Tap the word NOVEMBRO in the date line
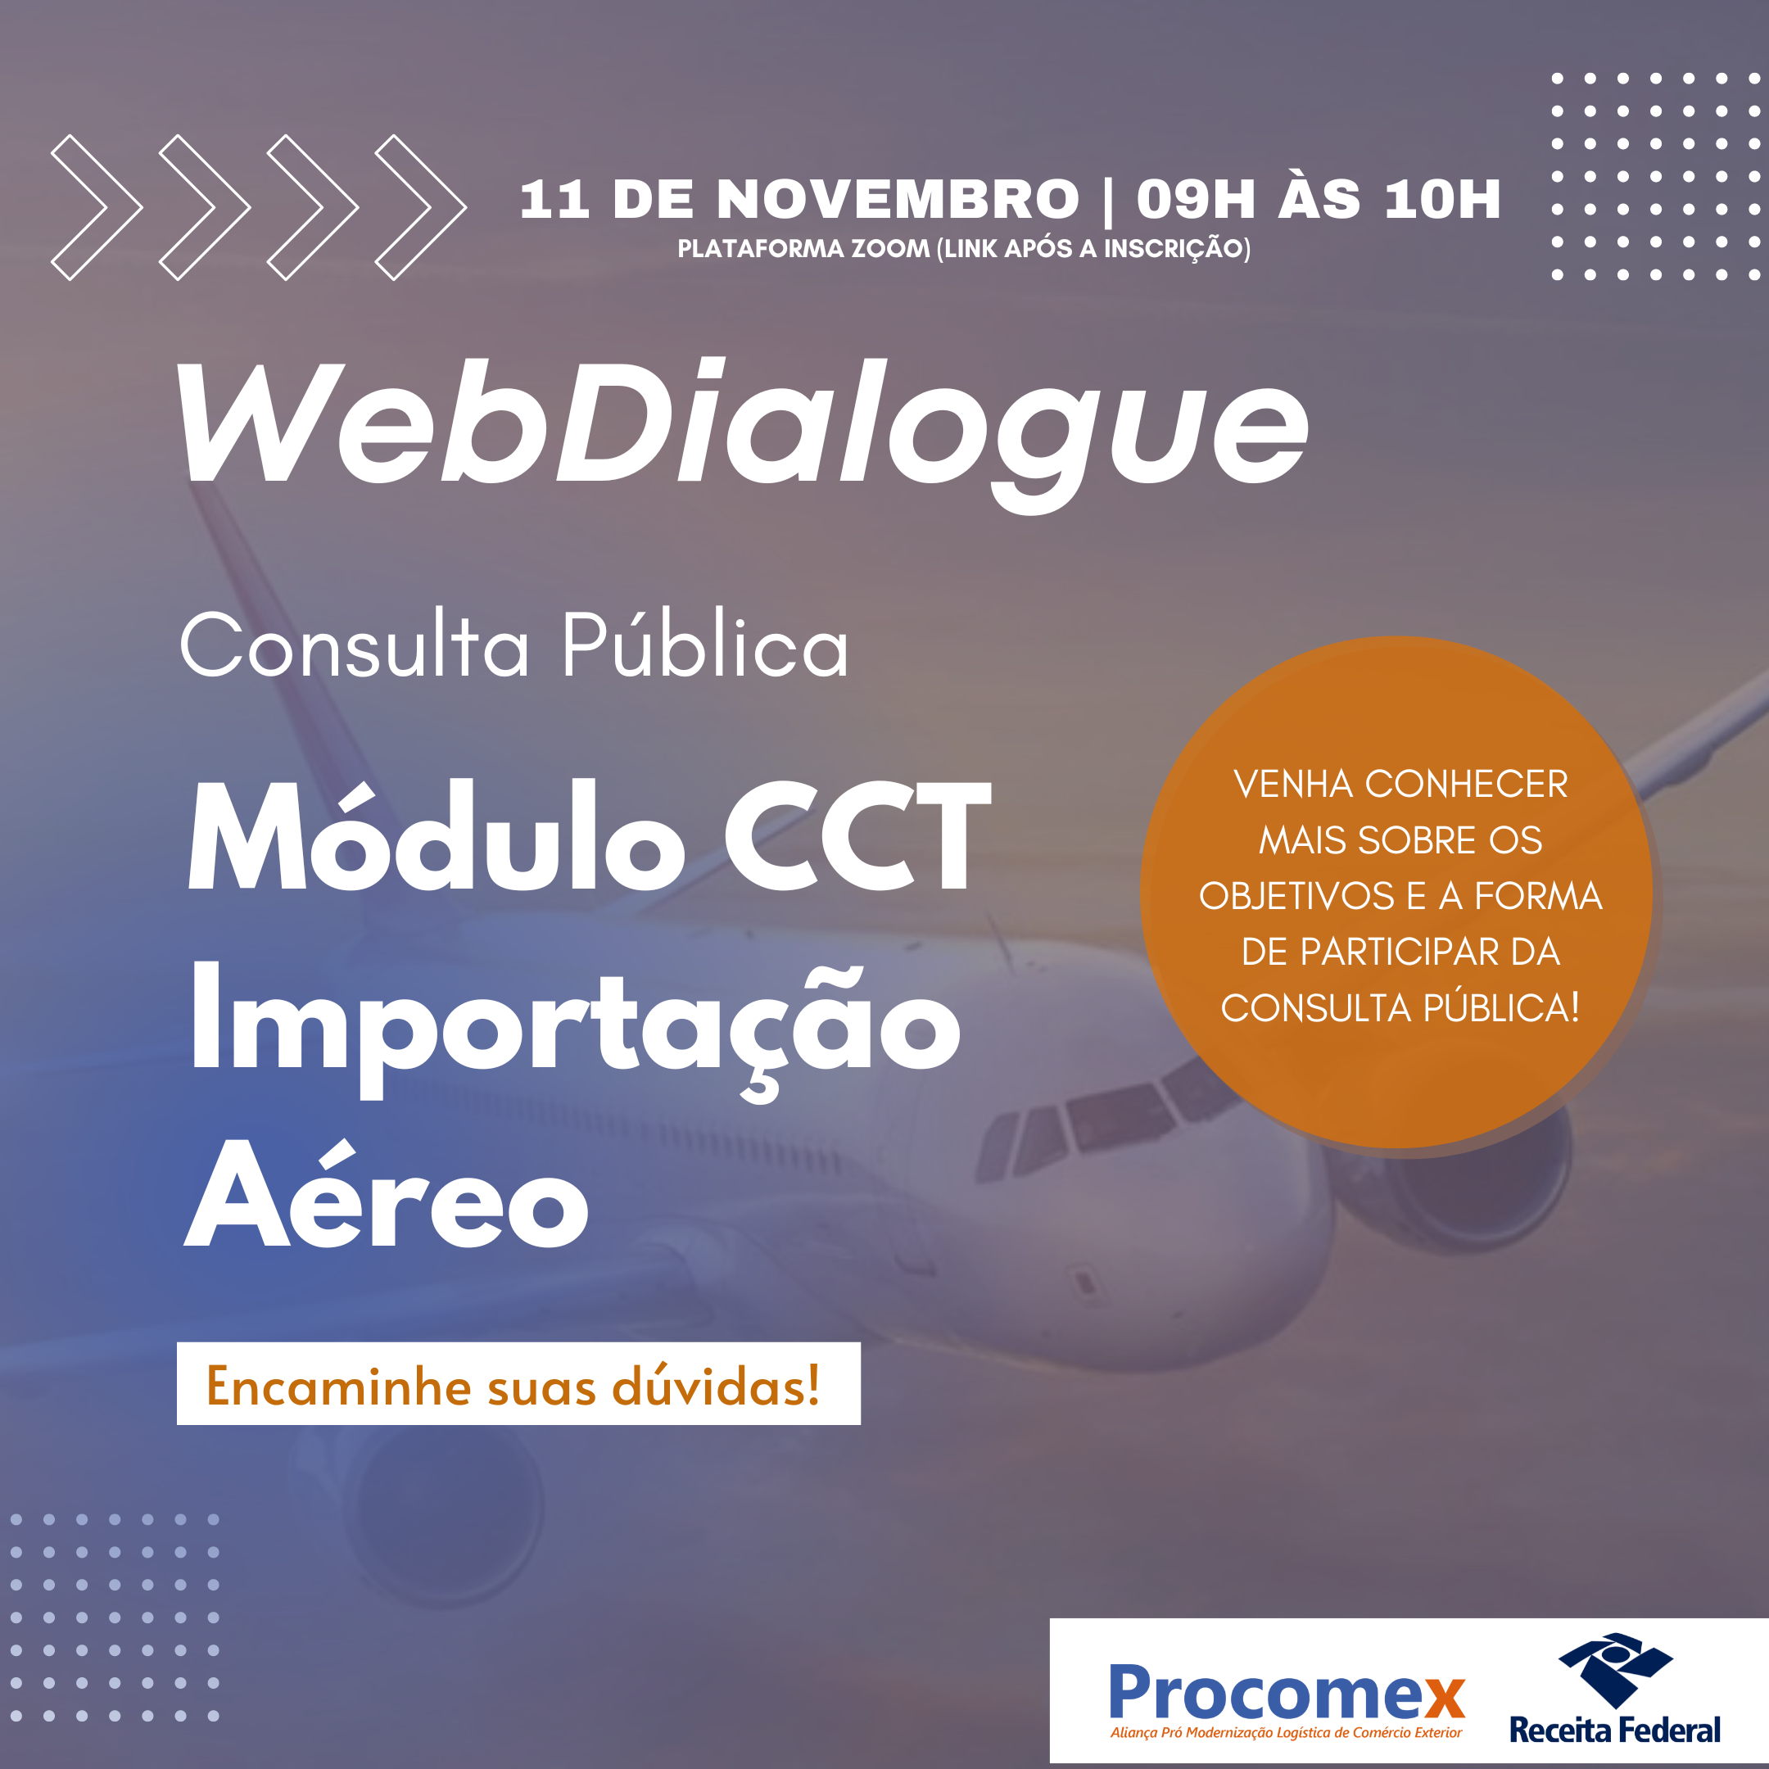898,199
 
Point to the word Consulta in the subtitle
355,646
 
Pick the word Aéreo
387,1194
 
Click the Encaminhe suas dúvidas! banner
518,1383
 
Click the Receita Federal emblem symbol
1615,1669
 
